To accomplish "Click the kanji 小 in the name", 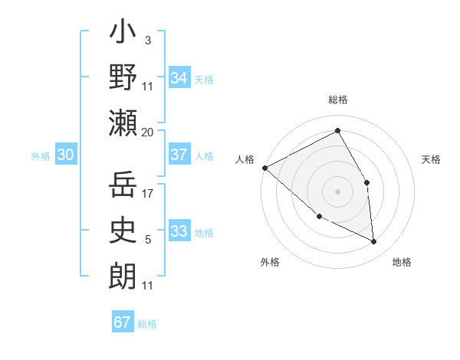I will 123,35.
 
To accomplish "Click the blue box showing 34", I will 179,77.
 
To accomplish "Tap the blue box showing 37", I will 179,155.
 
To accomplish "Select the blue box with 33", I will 179,231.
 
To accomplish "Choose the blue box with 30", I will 65,155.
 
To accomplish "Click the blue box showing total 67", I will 123,322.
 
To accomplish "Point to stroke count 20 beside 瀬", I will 148,132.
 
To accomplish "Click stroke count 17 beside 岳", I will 148,194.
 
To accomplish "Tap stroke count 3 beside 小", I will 147,40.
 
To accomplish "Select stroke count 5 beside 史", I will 147,240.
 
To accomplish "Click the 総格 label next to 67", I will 147,324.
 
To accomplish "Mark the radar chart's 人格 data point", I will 265,168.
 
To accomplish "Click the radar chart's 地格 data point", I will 374,241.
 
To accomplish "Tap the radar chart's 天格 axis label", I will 431,159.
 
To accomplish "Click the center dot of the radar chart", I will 337,191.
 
